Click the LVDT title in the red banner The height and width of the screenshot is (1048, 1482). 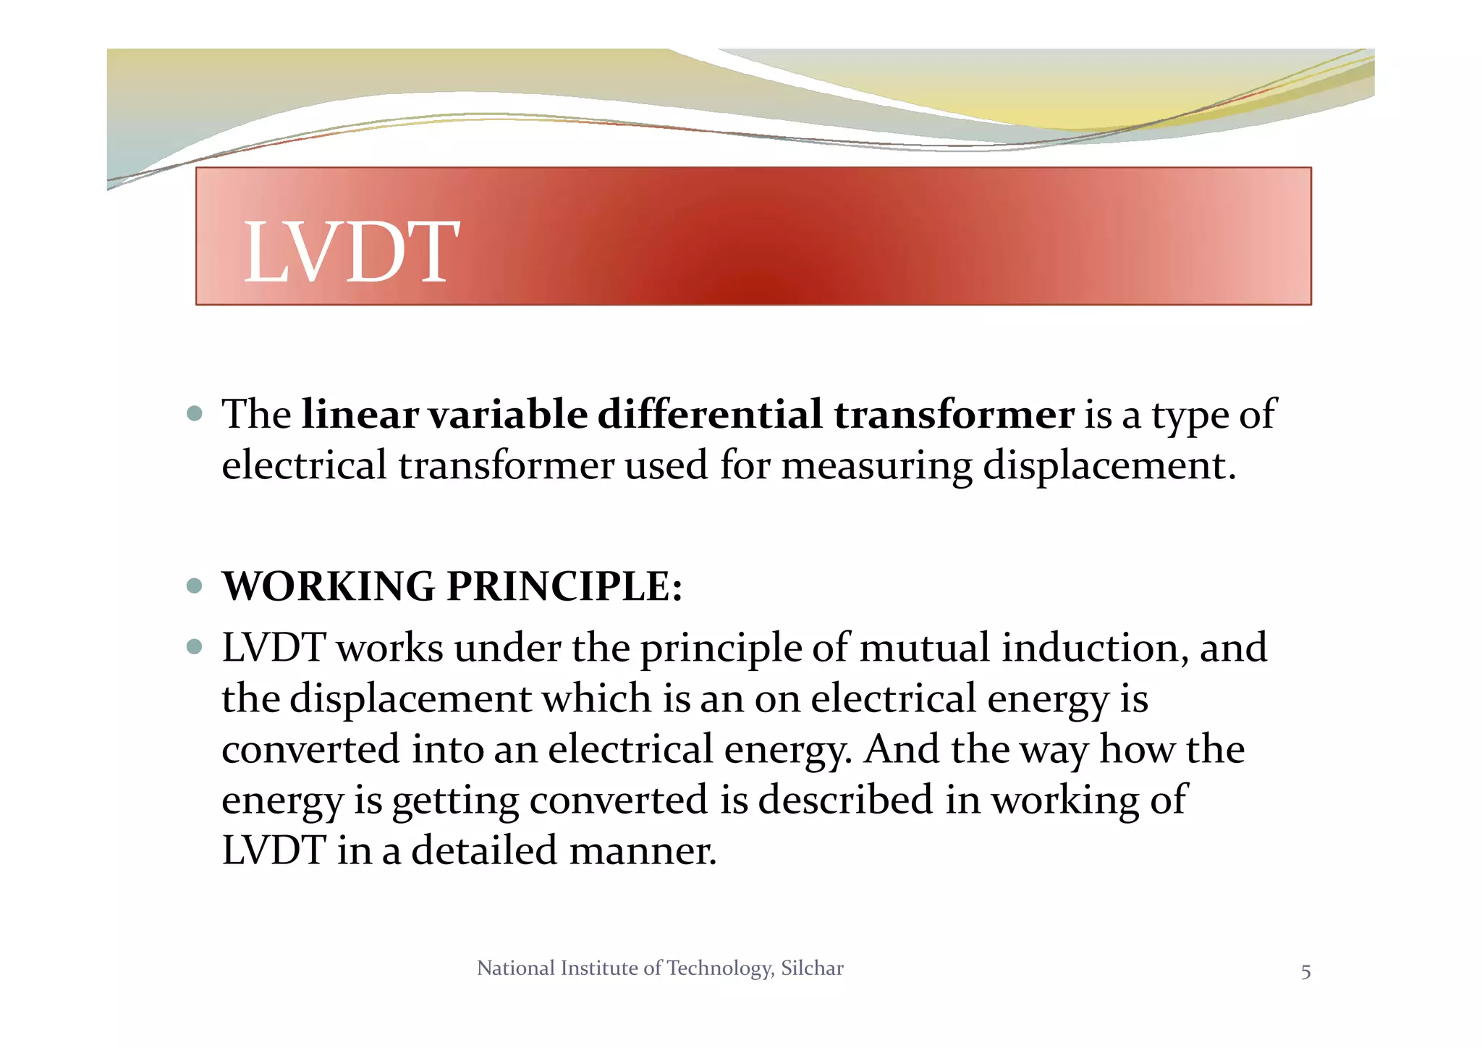(x=351, y=252)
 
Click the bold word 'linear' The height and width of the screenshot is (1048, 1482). (x=360, y=415)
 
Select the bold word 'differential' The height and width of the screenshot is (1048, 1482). (x=710, y=415)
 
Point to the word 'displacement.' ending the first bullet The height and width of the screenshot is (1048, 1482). (x=1109, y=465)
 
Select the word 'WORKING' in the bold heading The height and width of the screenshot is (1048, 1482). (x=329, y=586)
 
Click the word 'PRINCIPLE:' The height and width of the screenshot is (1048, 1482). (x=564, y=586)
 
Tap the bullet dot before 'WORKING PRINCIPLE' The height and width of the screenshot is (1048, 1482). (x=194, y=586)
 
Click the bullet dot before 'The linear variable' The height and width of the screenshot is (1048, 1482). (x=194, y=414)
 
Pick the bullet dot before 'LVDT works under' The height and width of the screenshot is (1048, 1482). (x=194, y=646)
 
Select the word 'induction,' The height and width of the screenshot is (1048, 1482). (x=1095, y=648)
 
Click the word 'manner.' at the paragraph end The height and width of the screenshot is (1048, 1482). (x=643, y=851)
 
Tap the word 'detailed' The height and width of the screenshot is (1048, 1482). (x=484, y=850)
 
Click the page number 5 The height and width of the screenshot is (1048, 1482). (x=1305, y=972)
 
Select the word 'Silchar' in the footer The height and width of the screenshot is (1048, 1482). (x=812, y=968)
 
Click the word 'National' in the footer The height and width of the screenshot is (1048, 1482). (x=516, y=968)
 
